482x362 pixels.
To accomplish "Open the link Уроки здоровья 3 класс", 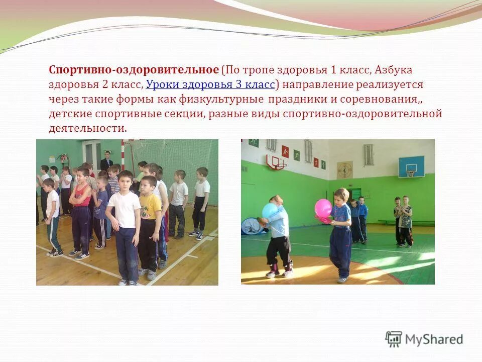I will click(210, 84).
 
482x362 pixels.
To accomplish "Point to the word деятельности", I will click(87, 128).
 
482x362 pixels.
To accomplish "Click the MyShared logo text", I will click(434, 339).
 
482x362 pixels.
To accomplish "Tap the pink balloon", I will click(323, 208).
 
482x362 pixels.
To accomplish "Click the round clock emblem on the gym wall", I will click(345, 169).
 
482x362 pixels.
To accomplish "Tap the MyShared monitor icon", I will click(394, 339).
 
